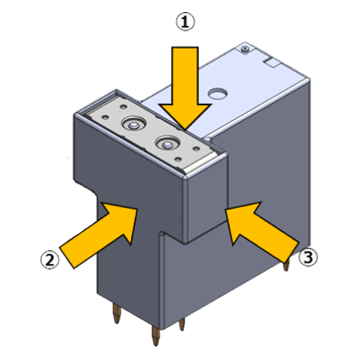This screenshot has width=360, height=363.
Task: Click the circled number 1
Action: pos(185,22)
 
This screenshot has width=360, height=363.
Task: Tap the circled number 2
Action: pos(50,259)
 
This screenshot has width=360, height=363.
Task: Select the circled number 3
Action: pos(308,258)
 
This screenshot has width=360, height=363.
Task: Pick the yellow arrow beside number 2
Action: pos(98,235)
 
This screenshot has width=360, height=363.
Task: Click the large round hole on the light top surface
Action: pos(217,93)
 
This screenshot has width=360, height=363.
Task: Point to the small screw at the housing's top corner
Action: pos(245,50)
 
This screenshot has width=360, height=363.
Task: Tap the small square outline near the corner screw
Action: pos(272,63)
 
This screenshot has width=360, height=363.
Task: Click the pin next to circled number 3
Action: pos(287,265)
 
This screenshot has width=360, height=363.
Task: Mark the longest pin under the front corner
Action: pos(156,336)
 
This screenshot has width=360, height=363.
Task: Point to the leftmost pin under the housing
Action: pos(117,314)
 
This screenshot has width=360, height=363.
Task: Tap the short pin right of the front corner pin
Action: pos(182,324)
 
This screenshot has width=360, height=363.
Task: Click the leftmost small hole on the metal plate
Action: pos(105,117)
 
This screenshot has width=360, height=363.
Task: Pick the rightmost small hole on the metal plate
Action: pos(196,149)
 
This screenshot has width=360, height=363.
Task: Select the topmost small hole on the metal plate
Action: pos(124,107)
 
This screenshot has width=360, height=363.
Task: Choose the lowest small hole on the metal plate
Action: pos(178,159)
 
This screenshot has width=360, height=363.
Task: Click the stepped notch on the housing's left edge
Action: pos(86,188)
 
